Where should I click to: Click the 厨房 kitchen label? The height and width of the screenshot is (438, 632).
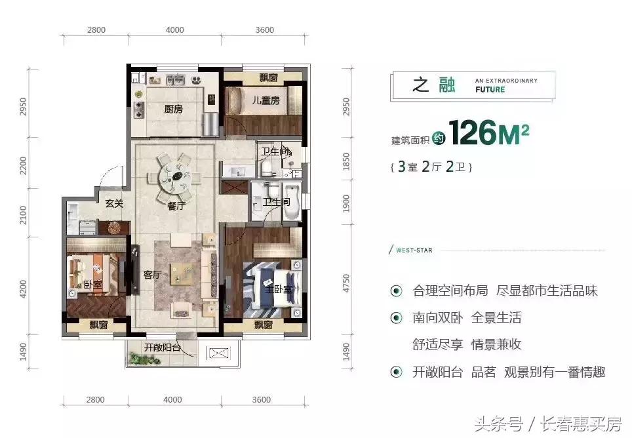tap(173, 109)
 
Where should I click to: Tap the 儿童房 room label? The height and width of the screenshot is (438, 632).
tap(266, 100)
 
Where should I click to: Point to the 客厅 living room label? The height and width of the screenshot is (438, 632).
tap(152, 275)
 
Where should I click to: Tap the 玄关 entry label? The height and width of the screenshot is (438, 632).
tap(114, 203)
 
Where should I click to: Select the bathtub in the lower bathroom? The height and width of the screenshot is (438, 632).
tap(293, 201)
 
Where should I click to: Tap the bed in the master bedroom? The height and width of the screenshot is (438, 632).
tap(270, 287)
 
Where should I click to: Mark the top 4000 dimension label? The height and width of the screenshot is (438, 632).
tap(174, 30)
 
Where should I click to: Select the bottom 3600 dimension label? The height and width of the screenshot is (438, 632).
tap(264, 399)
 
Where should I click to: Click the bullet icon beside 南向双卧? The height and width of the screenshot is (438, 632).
tap(396, 318)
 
